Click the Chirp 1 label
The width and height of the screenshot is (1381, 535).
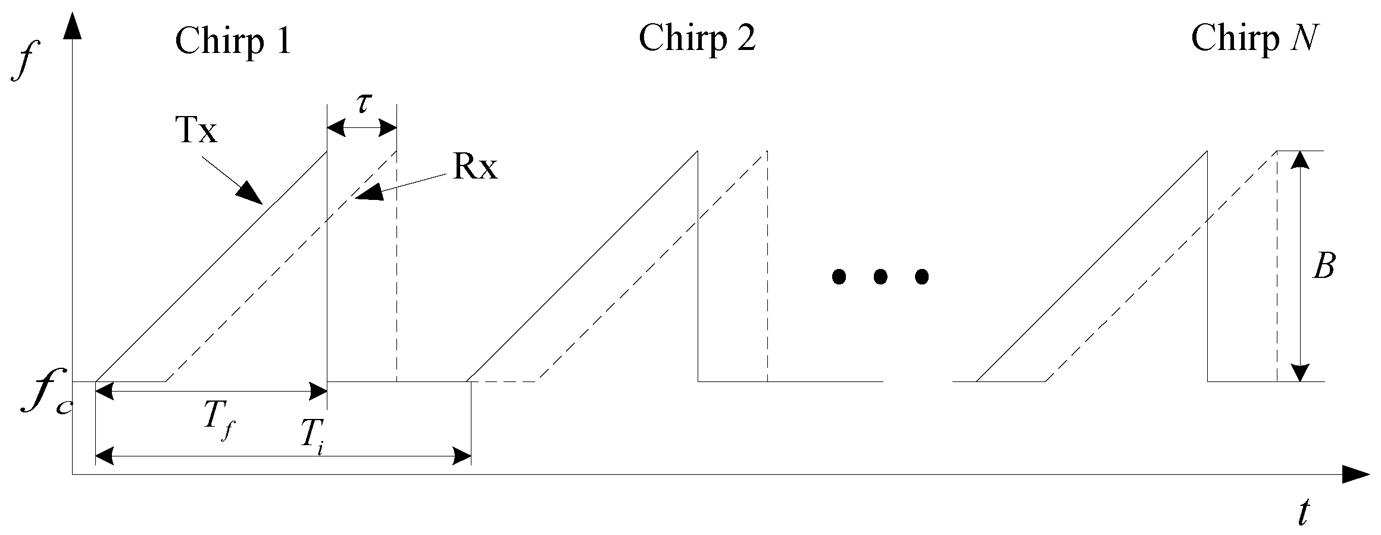[x=233, y=41]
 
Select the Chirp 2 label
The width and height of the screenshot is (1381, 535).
[x=697, y=39]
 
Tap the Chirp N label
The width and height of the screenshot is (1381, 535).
[x=1252, y=39]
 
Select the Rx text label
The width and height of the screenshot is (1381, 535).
[x=474, y=169]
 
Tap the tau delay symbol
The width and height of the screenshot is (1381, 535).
[x=363, y=103]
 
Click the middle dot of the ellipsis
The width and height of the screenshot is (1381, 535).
[x=880, y=276]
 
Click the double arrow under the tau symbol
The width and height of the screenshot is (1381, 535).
[x=362, y=127]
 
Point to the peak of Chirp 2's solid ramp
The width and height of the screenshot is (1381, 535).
[x=697, y=152]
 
